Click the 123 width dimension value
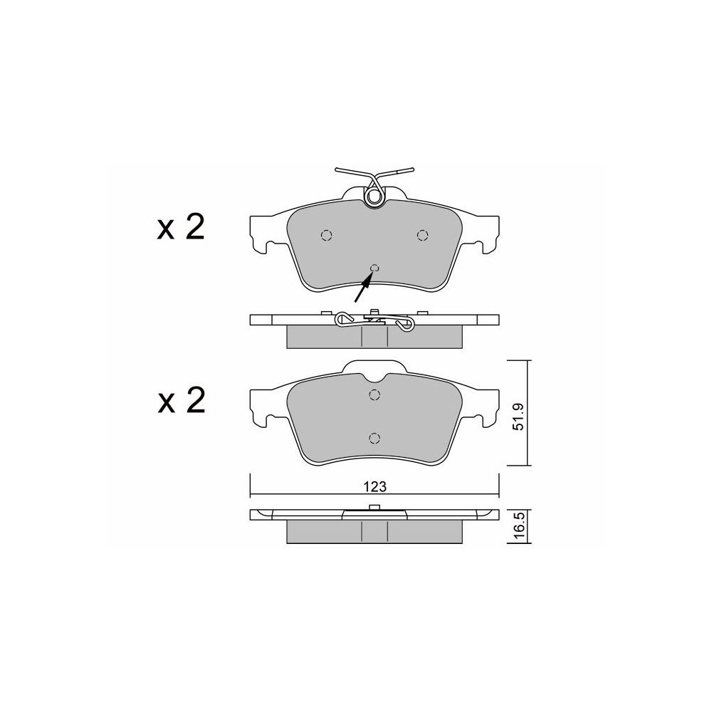(x=375, y=487)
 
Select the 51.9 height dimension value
(x=518, y=417)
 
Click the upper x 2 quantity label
(x=181, y=228)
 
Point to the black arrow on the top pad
(x=363, y=288)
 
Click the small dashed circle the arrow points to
(x=375, y=268)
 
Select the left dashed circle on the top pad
(x=327, y=235)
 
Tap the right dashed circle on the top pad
(x=423, y=235)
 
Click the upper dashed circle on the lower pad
(x=375, y=395)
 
